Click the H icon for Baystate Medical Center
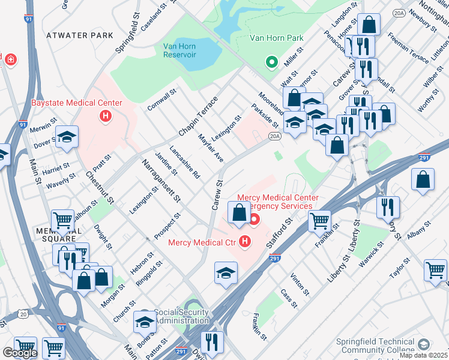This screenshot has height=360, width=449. [106, 116]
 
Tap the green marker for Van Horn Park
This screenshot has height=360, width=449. [271, 61]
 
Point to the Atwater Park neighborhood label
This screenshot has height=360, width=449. [79, 35]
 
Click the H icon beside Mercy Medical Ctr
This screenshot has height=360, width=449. [244, 242]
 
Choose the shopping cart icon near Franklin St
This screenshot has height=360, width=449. [319, 220]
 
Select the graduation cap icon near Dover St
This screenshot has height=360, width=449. [67, 136]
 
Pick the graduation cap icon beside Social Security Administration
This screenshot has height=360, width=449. [145, 322]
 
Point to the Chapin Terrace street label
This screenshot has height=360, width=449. [196, 116]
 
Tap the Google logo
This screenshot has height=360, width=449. [19, 353]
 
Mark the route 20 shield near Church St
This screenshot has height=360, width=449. [22, 314]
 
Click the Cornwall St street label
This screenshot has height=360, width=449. [161, 101]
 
